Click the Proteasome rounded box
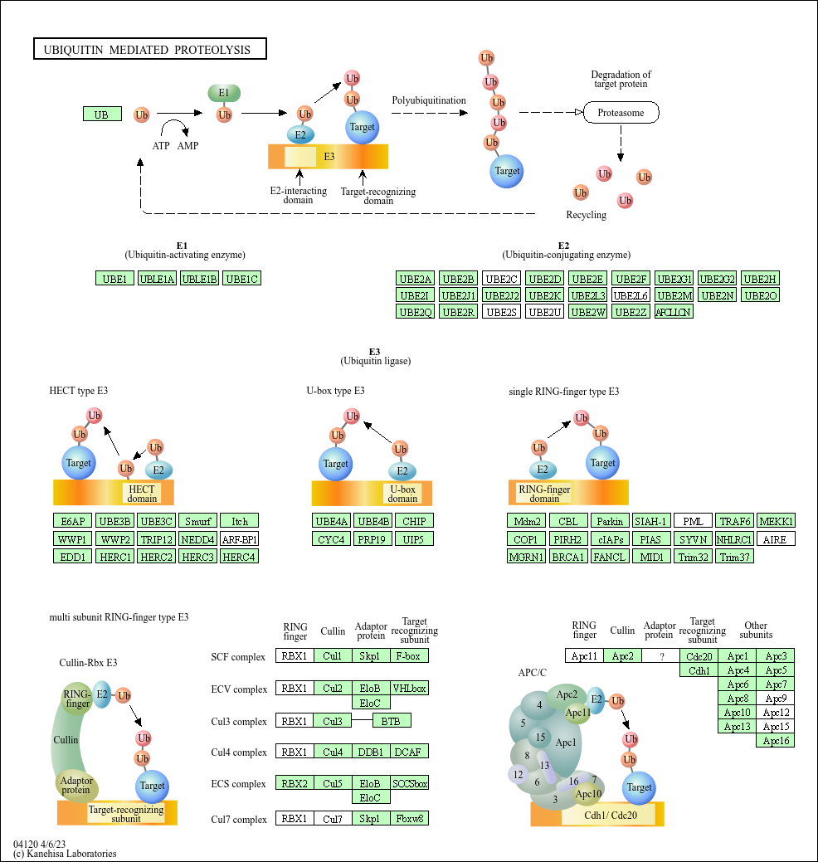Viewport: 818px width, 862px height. pyautogui.click(x=621, y=113)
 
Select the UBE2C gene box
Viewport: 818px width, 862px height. pyautogui.click(x=501, y=279)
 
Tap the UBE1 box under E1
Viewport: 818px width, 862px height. pyautogui.click(x=114, y=279)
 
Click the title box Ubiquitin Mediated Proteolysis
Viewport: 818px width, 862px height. pyautogui.click(x=150, y=49)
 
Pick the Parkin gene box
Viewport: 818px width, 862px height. pyautogui.click(x=610, y=521)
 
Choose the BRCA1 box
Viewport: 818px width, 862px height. pyautogui.click(x=568, y=557)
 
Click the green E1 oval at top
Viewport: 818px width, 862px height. pyautogui.click(x=224, y=93)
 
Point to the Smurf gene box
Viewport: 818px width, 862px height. pyautogui.click(x=198, y=521)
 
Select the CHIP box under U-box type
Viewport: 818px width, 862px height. pyautogui.click(x=414, y=521)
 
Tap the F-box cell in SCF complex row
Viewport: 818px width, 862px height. pyautogui.click(x=409, y=656)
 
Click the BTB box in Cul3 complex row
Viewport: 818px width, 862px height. pyautogui.click(x=392, y=721)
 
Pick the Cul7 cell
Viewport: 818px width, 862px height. pyautogui.click(x=333, y=819)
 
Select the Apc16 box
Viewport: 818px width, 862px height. pyautogui.click(x=776, y=741)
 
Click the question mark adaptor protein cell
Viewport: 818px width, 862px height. pyautogui.click(x=660, y=656)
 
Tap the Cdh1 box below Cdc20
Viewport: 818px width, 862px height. pyautogui.click(x=699, y=670)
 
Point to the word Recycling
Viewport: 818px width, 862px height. pyautogui.click(x=586, y=215)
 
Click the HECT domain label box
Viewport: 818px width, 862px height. pyautogui.click(x=142, y=493)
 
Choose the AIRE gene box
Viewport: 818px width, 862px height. pyautogui.click(x=775, y=539)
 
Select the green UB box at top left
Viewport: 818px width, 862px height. pyautogui.click(x=102, y=114)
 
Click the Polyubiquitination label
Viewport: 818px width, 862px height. pyautogui.click(x=429, y=100)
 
